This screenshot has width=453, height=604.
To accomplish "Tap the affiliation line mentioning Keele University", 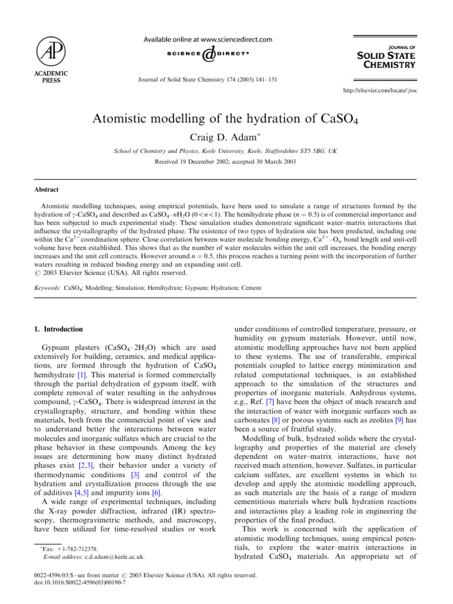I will tap(226, 151).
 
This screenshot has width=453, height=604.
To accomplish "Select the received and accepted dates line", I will tap(226, 162).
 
